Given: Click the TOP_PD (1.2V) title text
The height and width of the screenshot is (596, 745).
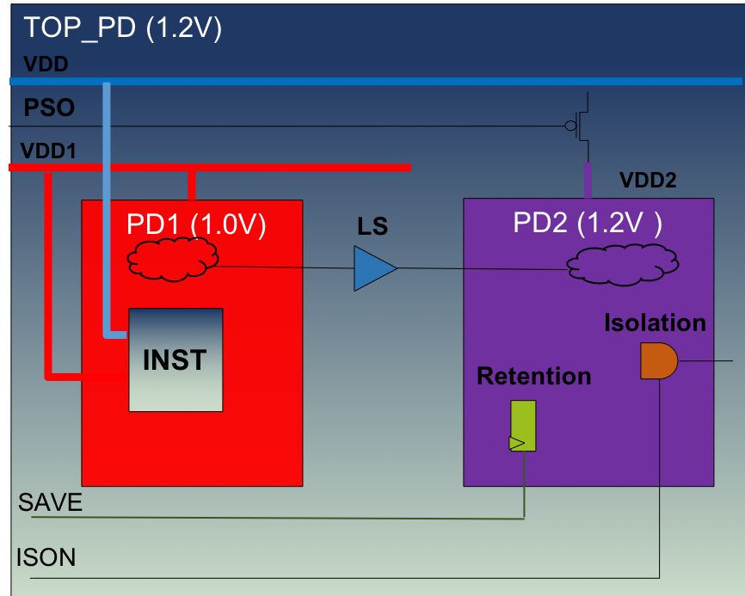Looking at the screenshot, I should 123,28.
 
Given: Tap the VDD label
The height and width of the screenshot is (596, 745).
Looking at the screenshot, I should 45,64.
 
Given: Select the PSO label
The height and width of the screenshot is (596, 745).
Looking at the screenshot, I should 49,108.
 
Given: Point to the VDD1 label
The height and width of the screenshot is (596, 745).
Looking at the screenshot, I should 48,151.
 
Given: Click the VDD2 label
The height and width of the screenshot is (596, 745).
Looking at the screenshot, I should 648,180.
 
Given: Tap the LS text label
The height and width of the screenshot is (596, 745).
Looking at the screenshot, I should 372,229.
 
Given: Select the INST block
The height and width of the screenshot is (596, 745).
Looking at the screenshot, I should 175,359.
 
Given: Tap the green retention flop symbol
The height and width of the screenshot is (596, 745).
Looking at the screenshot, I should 522,426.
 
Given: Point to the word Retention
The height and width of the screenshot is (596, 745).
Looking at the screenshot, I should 533,376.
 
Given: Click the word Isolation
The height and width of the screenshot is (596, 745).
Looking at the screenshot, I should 655,323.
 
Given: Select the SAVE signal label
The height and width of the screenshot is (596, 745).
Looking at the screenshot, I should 51,502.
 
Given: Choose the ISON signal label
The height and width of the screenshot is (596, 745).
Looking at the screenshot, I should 46,557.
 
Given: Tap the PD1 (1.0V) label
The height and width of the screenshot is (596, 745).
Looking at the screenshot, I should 197,225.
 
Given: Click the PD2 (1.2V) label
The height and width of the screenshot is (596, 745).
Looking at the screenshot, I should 588,223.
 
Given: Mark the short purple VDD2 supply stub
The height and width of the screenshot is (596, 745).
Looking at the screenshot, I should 588,180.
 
